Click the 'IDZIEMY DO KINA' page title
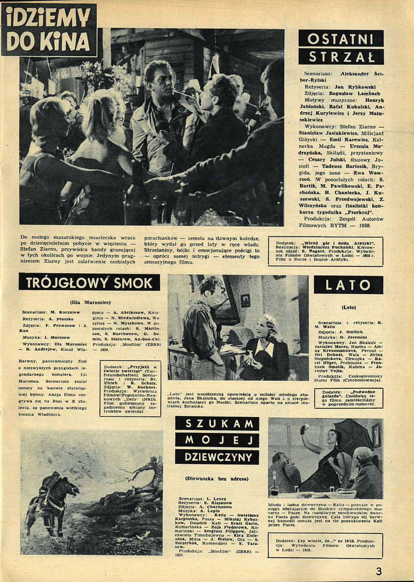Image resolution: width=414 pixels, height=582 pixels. coord(49,30)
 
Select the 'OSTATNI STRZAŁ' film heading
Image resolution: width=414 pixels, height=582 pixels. coord(341,47)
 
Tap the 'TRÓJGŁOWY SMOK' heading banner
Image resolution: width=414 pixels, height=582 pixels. coord(89,283)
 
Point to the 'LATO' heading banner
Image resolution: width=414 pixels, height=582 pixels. coord(348,285)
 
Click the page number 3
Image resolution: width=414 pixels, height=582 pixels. coord(378,571)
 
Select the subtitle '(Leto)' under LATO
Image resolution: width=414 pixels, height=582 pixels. coord(348,307)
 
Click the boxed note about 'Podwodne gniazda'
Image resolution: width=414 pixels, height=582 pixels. coord(348,398)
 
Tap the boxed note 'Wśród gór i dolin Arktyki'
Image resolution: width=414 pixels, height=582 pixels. coord(325,251)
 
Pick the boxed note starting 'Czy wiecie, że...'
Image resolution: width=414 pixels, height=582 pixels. coord(325,545)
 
